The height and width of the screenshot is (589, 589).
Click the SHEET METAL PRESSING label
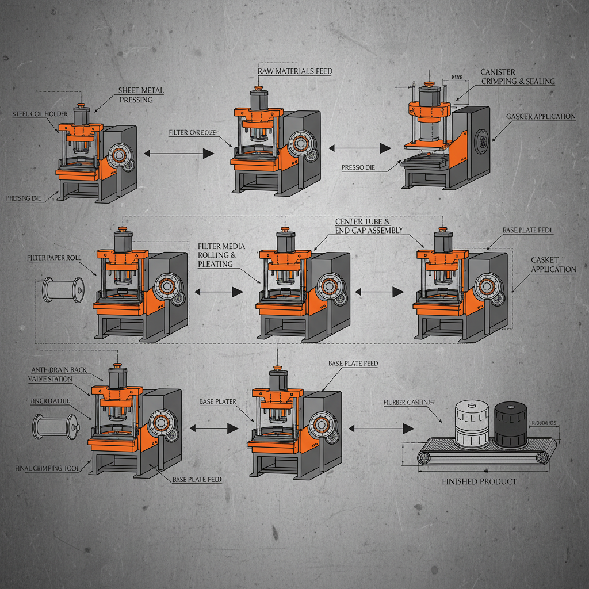coord(140,95)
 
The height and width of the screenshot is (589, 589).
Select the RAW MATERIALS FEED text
coord(295,71)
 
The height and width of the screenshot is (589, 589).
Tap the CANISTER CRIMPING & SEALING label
coord(517,77)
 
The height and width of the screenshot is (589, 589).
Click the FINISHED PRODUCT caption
coord(479,481)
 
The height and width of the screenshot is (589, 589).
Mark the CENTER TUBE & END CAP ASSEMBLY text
coord(369,225)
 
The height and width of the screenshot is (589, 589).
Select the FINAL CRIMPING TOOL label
coord(47,468)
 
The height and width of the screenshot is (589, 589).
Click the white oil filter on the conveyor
coord(470,424)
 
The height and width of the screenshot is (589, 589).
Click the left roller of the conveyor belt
coord(424,457)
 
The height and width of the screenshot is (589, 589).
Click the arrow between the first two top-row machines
coord(178,153)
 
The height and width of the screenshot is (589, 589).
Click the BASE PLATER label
coord(217,401)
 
